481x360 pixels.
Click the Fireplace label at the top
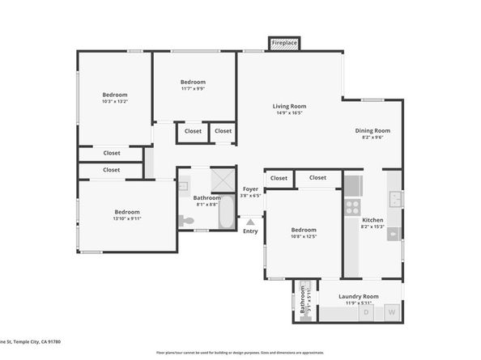tap(284, 42)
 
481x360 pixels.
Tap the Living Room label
tap(288, 106)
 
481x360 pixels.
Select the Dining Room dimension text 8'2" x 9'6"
tap(372, 138)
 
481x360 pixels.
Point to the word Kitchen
tap(372, 220)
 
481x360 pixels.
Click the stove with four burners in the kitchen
tap(353, 206)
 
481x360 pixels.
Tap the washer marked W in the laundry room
tap(392, 311)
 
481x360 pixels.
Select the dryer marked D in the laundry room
tap(367, 311)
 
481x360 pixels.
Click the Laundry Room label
tap(358, 296)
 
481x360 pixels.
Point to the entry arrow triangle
tap(251, 220)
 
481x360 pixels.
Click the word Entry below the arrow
tap(251, 231)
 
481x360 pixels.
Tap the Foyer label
tap(251, 188)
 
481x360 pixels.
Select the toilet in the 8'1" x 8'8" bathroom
tap(187, 220)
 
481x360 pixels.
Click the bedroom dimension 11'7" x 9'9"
tap(193, 89)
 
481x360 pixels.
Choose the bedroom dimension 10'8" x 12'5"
tap(304, 236)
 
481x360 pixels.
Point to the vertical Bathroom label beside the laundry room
tap(303, 302)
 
